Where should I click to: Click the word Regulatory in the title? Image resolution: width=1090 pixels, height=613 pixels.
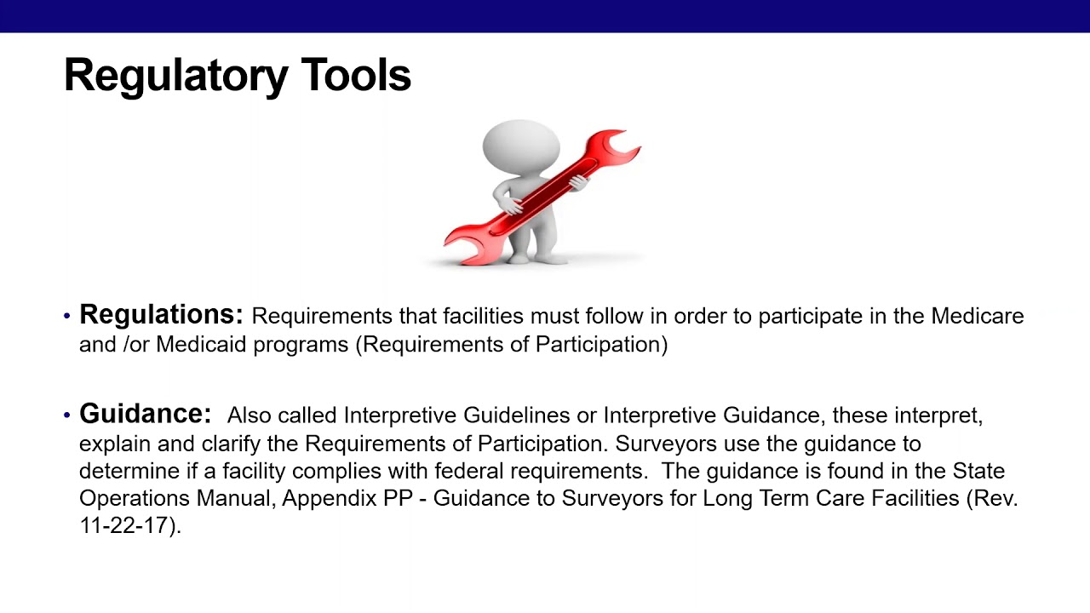[175, 76]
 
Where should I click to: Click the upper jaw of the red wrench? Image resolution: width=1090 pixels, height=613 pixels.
[620, 146]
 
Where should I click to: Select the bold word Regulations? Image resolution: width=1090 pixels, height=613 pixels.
[161, 315]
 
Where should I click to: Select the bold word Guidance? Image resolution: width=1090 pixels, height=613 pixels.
[145, 415]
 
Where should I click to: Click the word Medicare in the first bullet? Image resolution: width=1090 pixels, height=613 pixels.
[977, 317]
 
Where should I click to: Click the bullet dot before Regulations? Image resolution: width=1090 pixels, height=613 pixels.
[67, 317]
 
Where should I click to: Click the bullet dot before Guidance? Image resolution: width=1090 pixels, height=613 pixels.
[67, 416]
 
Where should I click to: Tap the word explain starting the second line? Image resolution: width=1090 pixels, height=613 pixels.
[110, 444]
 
